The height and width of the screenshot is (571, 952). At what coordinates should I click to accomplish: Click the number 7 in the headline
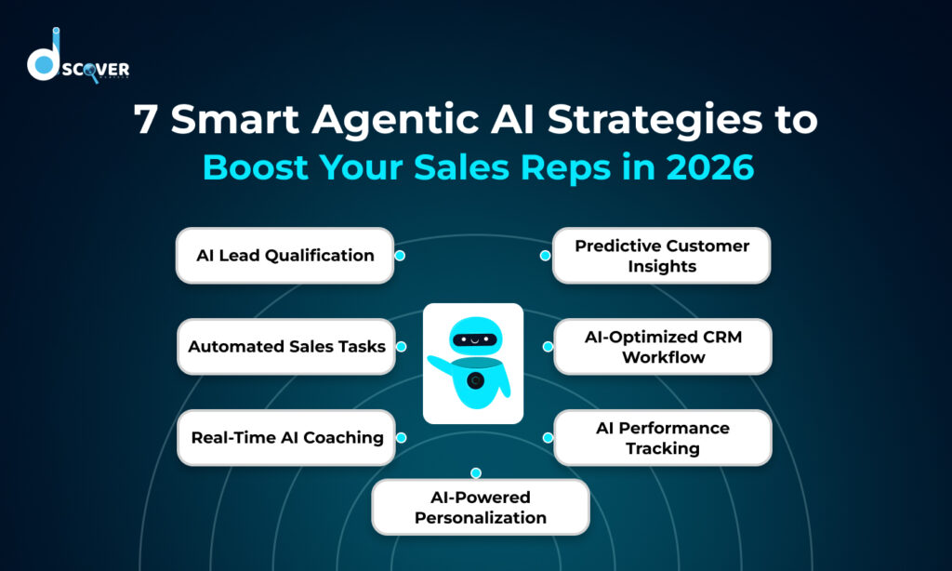[146, 122]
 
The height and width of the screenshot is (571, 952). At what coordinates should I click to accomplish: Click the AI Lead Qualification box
[284, 255]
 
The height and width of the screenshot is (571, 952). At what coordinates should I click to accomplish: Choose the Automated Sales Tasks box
[286, 346]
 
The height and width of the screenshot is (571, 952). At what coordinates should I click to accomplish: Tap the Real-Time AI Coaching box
[286, 437]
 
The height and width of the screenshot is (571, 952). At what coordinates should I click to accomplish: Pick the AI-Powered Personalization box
[480, 507]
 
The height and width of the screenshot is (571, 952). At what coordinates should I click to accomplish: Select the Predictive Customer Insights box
[661, 255]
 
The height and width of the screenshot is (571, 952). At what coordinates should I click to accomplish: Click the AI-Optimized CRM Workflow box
[663, 346]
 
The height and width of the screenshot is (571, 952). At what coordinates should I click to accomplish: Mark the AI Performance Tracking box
[662, 437]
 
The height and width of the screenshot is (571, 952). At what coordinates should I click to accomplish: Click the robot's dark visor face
[475, 339]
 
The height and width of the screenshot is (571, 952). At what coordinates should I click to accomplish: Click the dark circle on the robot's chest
[476, 379]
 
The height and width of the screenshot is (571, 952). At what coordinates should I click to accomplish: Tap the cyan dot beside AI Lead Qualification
[399, 255]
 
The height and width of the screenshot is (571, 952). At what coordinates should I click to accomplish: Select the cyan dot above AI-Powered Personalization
[475, 473]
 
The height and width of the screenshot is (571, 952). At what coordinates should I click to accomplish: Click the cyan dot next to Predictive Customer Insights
[546, 255]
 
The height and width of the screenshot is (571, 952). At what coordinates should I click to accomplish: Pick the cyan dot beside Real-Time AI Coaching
[401, 437]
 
